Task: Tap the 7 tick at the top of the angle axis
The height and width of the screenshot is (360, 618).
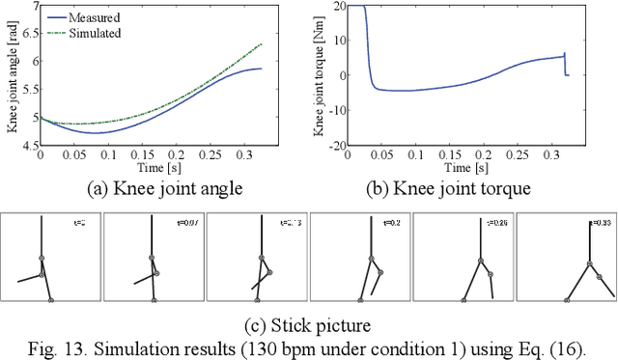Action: (33, 6)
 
